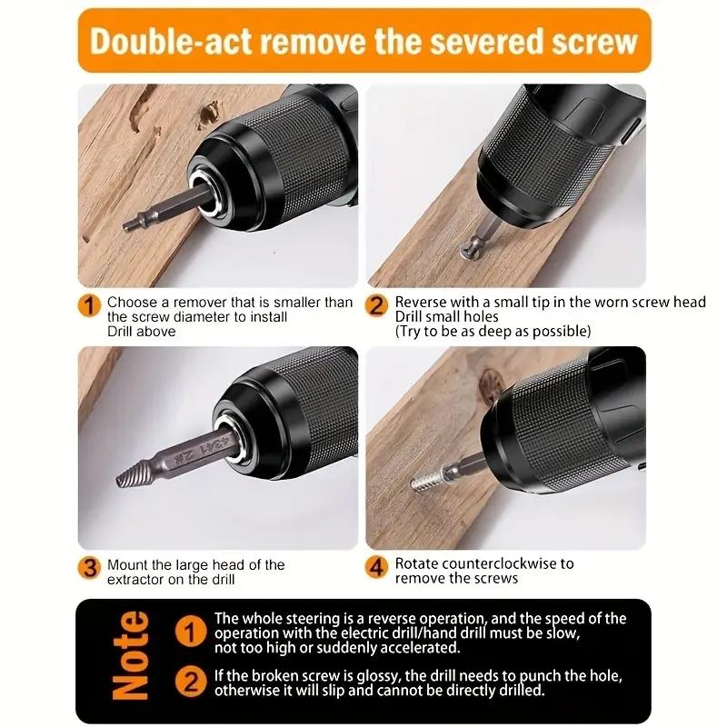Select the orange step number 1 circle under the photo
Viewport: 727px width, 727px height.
tap(89, 306)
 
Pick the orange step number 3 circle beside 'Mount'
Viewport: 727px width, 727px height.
tap(89, 569)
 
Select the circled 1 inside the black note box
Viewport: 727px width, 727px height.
tap(190, 631)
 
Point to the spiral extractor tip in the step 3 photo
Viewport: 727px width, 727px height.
tap(132, 474)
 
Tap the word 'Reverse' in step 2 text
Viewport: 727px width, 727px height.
tap(421, 302)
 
